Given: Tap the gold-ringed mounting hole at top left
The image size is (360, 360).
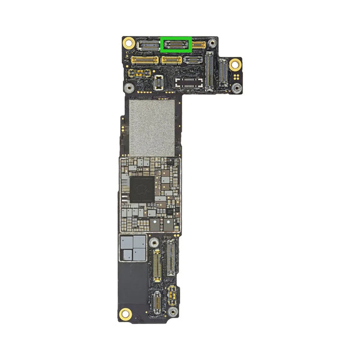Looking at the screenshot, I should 128,43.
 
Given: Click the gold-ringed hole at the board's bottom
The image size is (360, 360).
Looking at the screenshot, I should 126,313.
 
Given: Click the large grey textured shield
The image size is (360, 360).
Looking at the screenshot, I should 152,127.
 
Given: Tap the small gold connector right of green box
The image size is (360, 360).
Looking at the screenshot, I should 199,45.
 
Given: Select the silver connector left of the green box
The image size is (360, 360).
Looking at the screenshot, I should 147,45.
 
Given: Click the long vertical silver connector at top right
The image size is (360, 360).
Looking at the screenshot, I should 209,71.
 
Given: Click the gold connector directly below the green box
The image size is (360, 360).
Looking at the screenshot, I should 172,60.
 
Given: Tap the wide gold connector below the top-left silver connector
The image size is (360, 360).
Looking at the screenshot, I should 144,60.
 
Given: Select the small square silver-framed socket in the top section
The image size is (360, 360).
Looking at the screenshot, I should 158,83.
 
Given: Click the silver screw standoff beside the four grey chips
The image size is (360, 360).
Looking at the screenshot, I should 154,243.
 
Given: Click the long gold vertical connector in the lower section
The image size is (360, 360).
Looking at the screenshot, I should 158,266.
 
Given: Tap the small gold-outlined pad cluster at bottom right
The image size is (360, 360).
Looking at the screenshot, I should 172,293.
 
